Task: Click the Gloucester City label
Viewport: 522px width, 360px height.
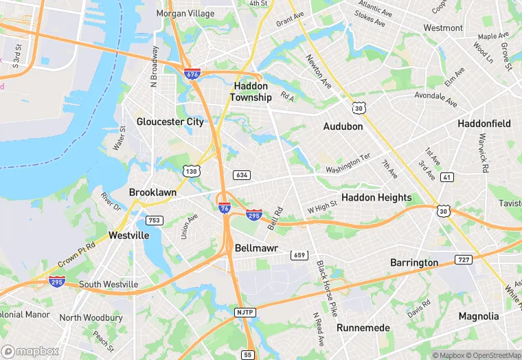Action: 170,122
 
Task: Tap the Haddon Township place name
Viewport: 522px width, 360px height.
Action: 251,92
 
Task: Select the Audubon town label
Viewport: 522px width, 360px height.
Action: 343,126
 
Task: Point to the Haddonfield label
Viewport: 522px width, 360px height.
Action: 484,124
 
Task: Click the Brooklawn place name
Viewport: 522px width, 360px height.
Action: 152,193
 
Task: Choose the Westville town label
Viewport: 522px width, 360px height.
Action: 128,235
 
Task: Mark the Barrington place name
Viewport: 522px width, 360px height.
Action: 414,262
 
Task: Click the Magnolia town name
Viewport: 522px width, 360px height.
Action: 479,317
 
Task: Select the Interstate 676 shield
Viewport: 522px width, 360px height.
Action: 192,74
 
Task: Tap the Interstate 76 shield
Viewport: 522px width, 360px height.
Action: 224,207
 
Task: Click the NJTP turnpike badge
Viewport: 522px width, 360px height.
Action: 245,313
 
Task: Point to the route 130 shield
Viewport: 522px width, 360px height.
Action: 191,170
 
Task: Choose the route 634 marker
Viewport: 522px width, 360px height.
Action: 241,175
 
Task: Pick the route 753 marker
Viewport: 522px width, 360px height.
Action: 155,221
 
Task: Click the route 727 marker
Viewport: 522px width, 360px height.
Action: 464,260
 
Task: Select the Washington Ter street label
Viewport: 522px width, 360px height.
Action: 348,164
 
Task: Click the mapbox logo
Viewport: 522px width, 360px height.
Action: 30,351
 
